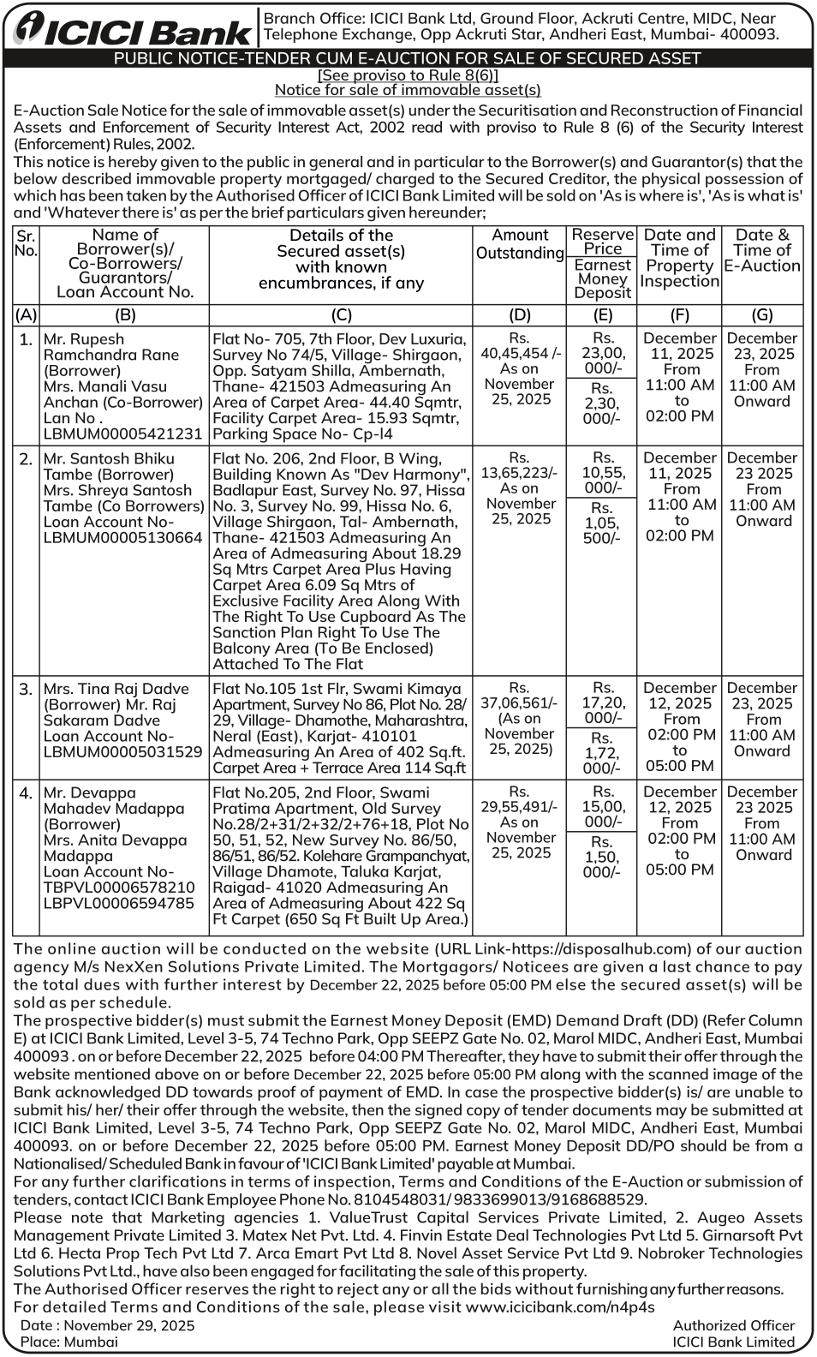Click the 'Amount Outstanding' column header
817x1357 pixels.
[520, 244]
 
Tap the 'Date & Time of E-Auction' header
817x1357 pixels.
[761, 250]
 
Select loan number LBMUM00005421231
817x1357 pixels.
[122, 433]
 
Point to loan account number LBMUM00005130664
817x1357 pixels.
[122, 538]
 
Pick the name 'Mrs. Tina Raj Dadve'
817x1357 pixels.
[116, 689]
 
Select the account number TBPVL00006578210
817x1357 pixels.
[118, 888]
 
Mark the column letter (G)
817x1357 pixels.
[761, 315]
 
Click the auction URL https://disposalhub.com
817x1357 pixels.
[592, 948]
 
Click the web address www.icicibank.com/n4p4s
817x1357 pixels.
[560, 1307]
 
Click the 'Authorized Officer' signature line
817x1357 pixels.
[733, 1325]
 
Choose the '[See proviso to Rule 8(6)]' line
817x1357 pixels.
[408, 75]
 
